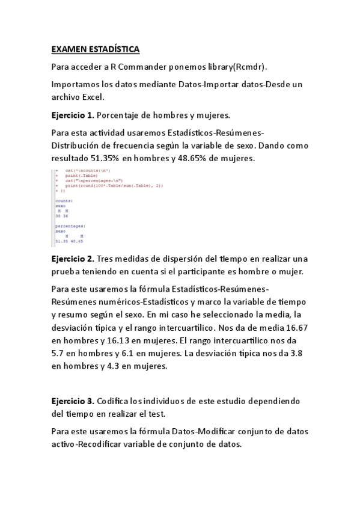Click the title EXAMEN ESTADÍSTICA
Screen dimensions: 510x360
pos(96,48)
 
